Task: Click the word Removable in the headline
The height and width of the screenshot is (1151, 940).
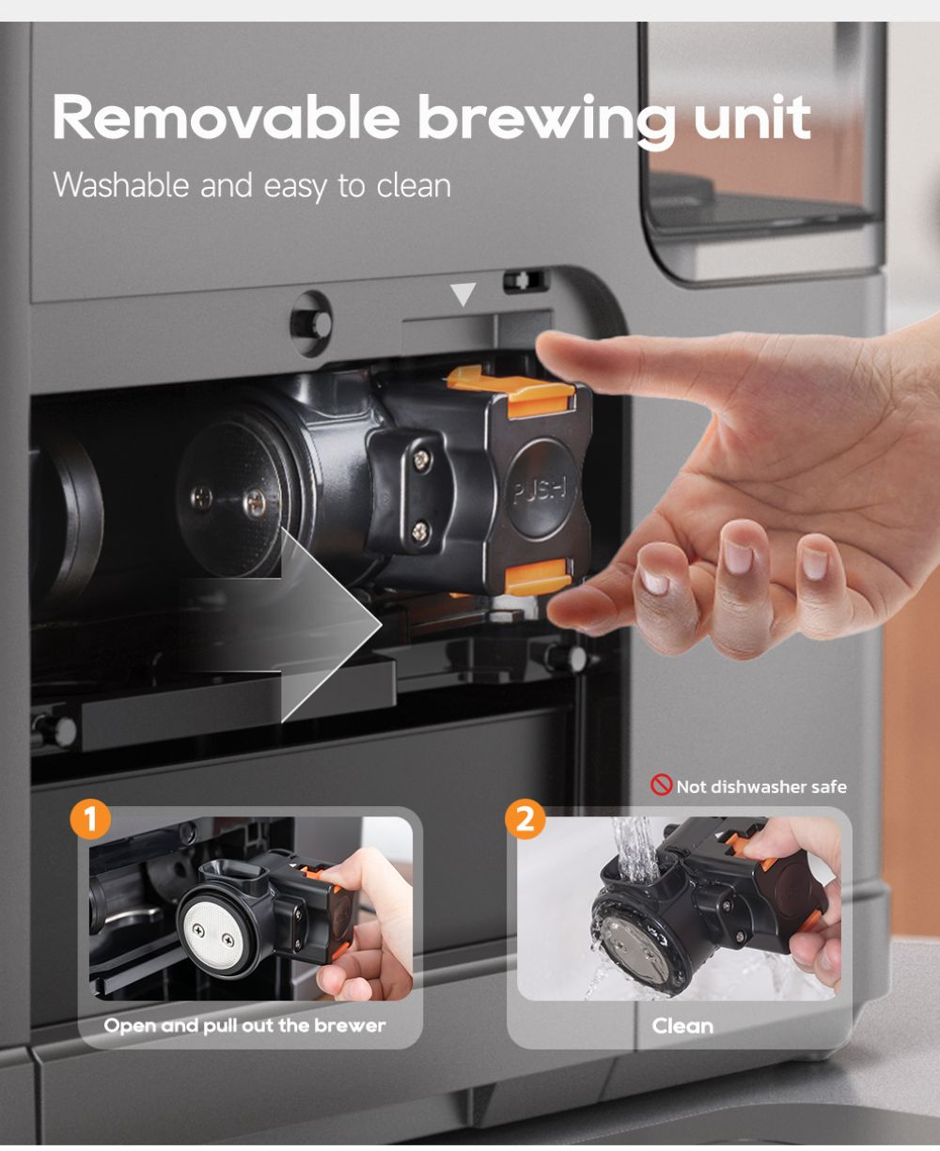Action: (226, 117)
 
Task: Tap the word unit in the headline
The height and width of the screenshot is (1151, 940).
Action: (752, 117)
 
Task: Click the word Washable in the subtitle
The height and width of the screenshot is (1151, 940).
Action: (121, 184)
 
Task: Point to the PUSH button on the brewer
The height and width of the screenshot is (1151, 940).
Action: (541, 489)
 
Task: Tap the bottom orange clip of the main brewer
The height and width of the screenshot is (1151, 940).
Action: (539, 576)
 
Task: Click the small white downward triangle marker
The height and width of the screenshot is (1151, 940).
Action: (462, 294)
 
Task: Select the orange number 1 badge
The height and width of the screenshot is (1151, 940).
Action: (90, 819)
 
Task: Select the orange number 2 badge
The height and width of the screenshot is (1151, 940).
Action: (525, 819)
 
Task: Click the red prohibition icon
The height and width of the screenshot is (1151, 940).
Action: (661, 785)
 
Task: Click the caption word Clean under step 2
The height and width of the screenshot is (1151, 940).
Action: (682, 1026)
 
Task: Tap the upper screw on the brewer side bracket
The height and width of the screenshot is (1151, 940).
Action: (421, 459)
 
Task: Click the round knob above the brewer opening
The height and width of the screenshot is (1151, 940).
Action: (312, 323)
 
